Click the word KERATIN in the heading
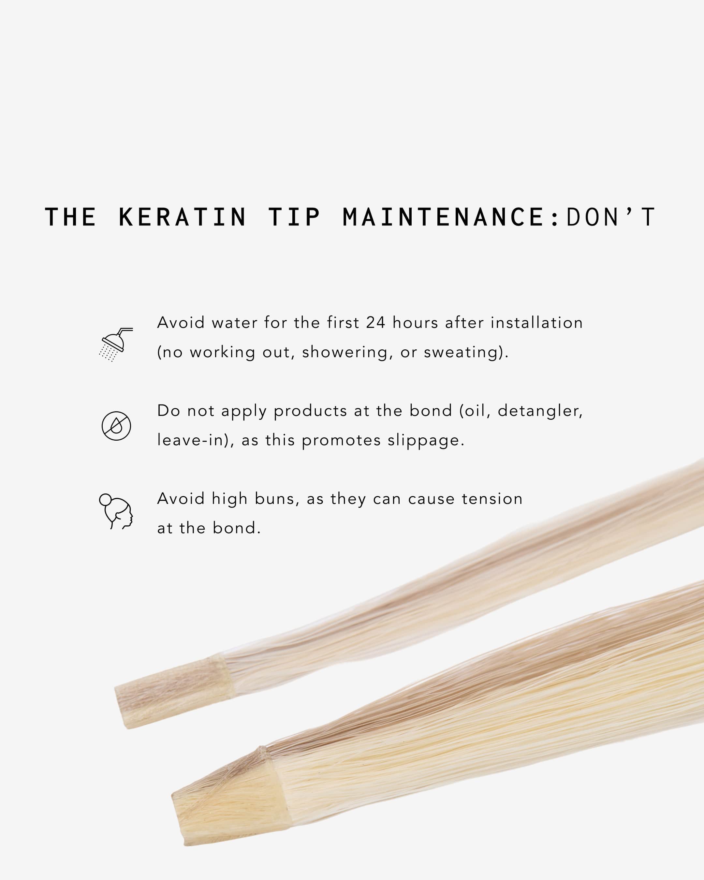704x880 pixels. pyautogui.click(x=183, y=217)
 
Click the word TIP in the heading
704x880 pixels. pyautogui.click(x=294, y=217)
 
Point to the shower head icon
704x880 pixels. pyautogui.click(x=116, y=345)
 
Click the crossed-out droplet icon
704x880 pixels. pyautogui.click(x=116, y=426)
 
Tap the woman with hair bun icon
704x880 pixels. pyautogui.click(x=116, y=511)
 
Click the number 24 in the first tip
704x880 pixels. pyautogui.click(x=375, y=323)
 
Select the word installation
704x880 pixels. pyautogui.click(x=537, y=323)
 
